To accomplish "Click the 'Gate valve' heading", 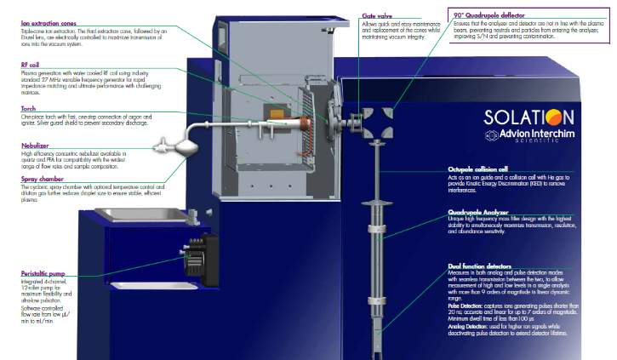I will (x=378, y=15).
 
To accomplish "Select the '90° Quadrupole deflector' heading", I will (x=495, y=15).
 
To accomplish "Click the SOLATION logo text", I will (x=528, y=118).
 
